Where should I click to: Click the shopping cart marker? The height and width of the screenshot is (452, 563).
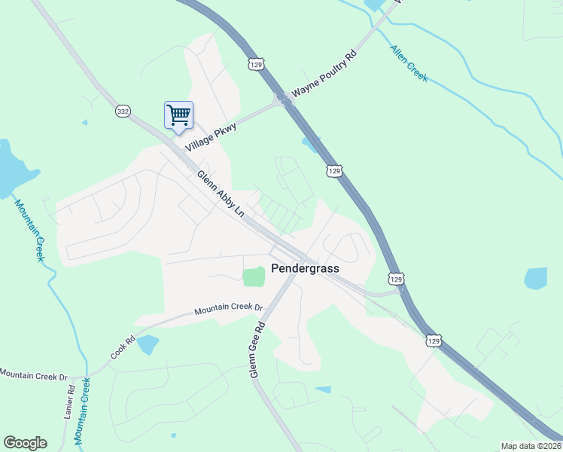178,116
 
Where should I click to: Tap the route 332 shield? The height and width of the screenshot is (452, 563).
123,111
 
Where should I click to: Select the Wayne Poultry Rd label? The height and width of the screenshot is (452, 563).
324,75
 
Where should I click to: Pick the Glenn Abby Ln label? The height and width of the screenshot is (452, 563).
221,194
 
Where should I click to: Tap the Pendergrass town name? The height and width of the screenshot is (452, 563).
306,268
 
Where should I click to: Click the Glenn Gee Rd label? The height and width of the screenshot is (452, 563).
257,350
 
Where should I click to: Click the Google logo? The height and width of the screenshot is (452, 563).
25,443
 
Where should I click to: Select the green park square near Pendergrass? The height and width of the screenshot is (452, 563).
254,276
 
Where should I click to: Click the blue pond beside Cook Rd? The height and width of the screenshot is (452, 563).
148,344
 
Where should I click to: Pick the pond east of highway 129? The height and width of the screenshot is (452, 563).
535,279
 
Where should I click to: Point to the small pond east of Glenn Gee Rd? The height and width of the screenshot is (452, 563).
323,389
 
